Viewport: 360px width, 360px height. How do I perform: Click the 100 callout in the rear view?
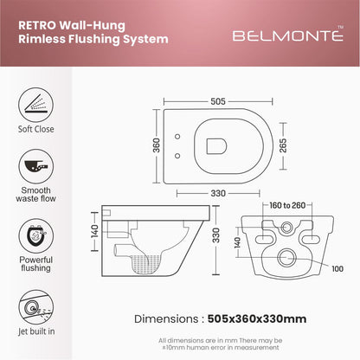pyautogui.click(x=337, y=268)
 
